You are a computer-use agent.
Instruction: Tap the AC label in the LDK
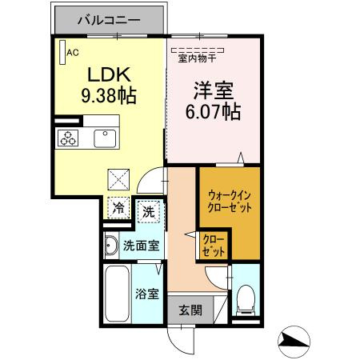(72, 54)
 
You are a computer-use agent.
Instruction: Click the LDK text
(109, 75)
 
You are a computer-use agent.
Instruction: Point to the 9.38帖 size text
(109, 96)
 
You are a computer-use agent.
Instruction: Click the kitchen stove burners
(67, 138)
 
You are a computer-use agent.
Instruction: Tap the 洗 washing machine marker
(149, 212)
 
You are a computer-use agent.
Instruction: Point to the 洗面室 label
(141, 246)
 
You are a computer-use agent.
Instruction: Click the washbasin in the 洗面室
(111, 246)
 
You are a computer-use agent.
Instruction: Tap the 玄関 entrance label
(190, 310)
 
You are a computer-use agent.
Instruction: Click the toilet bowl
(246, 300)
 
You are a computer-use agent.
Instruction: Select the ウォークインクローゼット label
(230, 200)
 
